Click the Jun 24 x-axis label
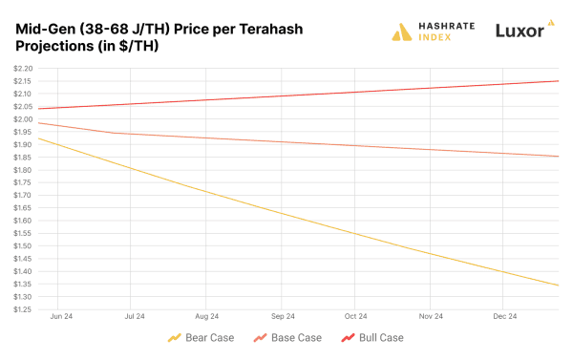[x=61, y=316]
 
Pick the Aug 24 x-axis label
[x=207, y=316]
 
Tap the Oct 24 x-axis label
[x=356, y=316]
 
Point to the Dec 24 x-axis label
[x=504, y=316]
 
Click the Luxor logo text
[x=520, y=32]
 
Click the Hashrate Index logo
[x=434, y=32]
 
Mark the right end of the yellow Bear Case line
[x=558, y=285]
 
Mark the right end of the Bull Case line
[x=558, y=81]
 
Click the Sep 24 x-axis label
[x=282, y=316]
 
